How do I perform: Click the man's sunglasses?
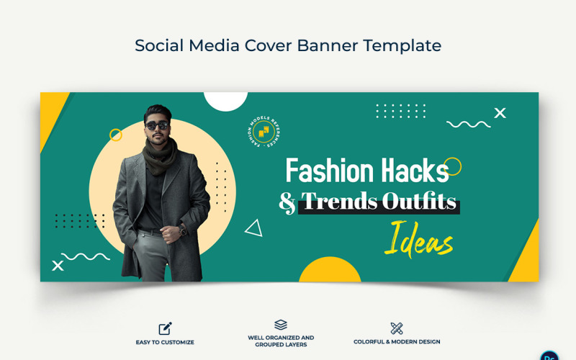click(157, 125)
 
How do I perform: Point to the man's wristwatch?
click(183, 231)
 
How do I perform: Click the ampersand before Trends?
click(287, 202)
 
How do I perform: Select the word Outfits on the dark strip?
click(420, 202)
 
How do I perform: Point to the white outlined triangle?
click(254, 228)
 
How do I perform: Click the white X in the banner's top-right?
click(500, 112)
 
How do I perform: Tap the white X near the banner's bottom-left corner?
click(58, 266)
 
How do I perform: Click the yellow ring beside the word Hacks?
click(452, 166)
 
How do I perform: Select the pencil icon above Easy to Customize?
click(165, 328)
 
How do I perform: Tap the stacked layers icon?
click(281, 325)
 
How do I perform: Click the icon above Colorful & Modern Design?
click(396, 328)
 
